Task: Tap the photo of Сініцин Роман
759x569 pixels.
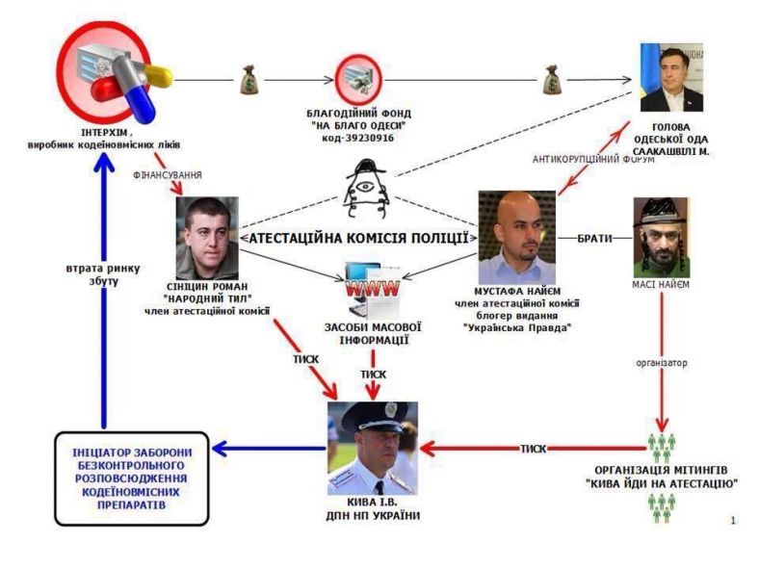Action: [207, 237]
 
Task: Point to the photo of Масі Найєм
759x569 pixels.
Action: [662, 236]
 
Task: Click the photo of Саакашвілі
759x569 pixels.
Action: [671, 78]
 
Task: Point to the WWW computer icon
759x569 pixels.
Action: [370, 285]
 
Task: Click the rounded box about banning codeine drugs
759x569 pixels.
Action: [130, 478]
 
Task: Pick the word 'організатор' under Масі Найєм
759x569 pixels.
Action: [662, 363]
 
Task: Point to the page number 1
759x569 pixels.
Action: [733, 520]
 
